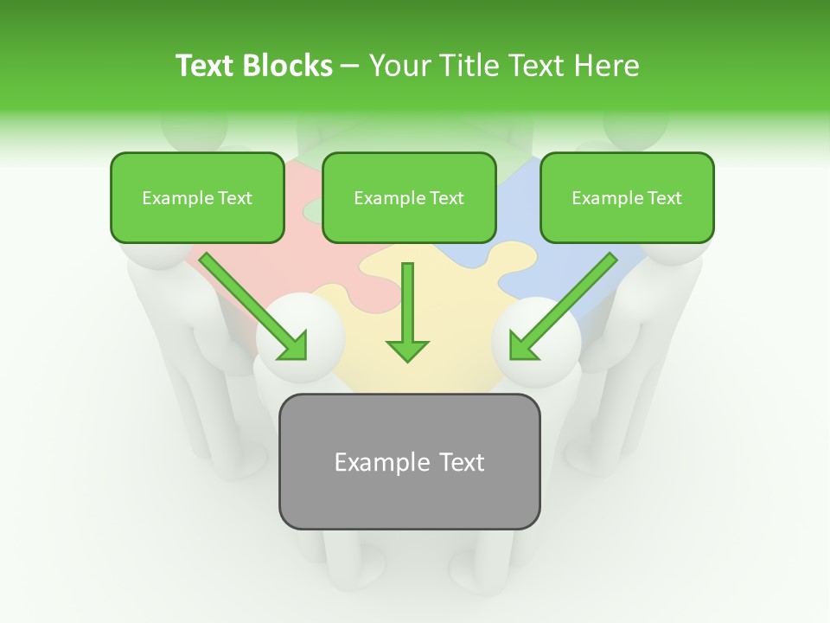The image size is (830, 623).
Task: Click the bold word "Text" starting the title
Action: [x=207, y=66]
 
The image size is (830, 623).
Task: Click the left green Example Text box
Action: [x=197, y=198]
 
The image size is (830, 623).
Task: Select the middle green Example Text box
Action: [x=409, y=198]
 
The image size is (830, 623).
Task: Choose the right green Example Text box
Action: [x=627, y=198]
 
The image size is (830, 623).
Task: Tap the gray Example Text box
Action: [x=409, y=461]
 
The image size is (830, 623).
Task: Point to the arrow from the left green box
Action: [x=253, y=306]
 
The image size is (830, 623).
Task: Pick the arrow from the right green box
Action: [x=563, y=306]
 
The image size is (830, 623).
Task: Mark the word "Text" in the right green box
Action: [x=664, y=198]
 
